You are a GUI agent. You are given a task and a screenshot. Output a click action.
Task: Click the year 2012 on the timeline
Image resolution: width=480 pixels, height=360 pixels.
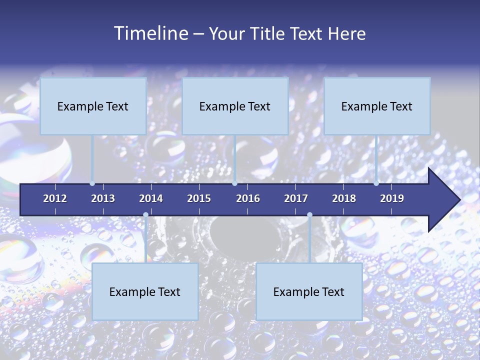[x=55, y=198]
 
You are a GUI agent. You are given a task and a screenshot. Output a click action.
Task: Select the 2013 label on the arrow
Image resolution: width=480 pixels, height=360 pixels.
[x=103, y=198]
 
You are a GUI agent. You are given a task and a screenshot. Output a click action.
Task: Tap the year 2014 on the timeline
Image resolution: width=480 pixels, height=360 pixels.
[x=151, y=198]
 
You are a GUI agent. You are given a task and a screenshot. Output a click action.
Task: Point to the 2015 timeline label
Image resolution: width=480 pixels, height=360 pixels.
[x=199, y=198]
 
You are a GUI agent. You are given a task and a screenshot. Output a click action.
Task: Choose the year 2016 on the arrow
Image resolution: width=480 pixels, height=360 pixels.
[x=248, y=198]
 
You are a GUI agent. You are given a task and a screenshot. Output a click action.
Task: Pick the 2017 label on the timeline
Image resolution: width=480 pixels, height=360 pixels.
[x=296, y=198]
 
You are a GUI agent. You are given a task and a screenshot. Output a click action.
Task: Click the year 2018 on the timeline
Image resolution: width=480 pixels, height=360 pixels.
[x=344, y=198]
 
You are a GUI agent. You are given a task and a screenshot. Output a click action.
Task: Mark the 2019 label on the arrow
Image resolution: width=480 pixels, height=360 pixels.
[x=392, y=198]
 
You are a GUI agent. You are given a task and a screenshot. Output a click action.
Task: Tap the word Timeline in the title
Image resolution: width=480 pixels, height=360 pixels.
[x=150, y=33]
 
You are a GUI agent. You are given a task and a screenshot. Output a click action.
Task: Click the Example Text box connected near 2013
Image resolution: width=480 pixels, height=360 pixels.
[x=93, y=106]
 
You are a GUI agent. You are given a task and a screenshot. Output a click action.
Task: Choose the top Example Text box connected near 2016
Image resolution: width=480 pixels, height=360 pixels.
[x=235, y=106]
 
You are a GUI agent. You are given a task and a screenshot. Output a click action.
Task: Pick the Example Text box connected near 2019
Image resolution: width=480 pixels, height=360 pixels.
[x=377, y=106]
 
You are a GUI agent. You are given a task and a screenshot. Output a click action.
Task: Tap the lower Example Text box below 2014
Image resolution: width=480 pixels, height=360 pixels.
[x=145, y=291]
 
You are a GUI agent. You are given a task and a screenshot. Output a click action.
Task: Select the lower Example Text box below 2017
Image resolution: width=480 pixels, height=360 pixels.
[x=309, y=291]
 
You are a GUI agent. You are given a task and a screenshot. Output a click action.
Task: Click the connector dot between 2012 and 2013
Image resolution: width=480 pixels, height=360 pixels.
[x=92, y=183]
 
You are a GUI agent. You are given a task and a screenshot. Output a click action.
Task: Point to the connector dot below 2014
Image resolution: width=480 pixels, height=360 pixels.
[x=145, y=214]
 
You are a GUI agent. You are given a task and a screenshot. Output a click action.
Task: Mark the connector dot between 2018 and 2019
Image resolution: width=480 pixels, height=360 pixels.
[x=376, y=183]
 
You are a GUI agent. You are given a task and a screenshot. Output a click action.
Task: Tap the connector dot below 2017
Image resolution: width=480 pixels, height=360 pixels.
[x=309, y=214]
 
